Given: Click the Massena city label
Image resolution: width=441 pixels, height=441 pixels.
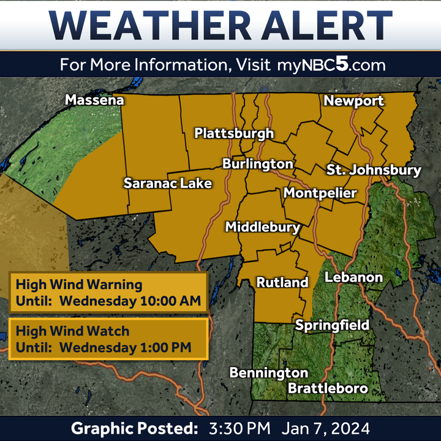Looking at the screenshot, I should [94, 100].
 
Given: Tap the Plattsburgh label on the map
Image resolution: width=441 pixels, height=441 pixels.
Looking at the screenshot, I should [234, 134].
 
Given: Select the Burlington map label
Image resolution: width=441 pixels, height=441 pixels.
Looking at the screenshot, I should [258, 164].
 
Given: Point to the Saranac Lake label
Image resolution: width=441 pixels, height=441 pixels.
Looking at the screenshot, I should [167, 183].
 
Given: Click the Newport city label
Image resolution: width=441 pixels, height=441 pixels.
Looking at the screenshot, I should [353, 101].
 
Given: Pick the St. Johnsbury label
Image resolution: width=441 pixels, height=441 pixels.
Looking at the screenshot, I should [374, 170].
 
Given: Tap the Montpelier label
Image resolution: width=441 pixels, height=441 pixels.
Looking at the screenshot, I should [320, 194].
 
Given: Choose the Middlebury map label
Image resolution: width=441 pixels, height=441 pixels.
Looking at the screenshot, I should [263, 227].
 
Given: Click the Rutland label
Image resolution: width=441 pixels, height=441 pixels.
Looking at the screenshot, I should [282, 282].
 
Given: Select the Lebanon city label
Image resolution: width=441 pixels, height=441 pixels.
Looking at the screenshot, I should [353, 277].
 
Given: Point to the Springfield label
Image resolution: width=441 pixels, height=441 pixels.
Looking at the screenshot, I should [333, 325].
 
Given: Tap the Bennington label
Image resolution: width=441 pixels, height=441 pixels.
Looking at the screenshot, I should [268, 372].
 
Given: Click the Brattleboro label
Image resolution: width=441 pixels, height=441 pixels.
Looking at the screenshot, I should [328, 388].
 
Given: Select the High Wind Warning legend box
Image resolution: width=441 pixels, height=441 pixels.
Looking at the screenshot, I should [108, 293].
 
